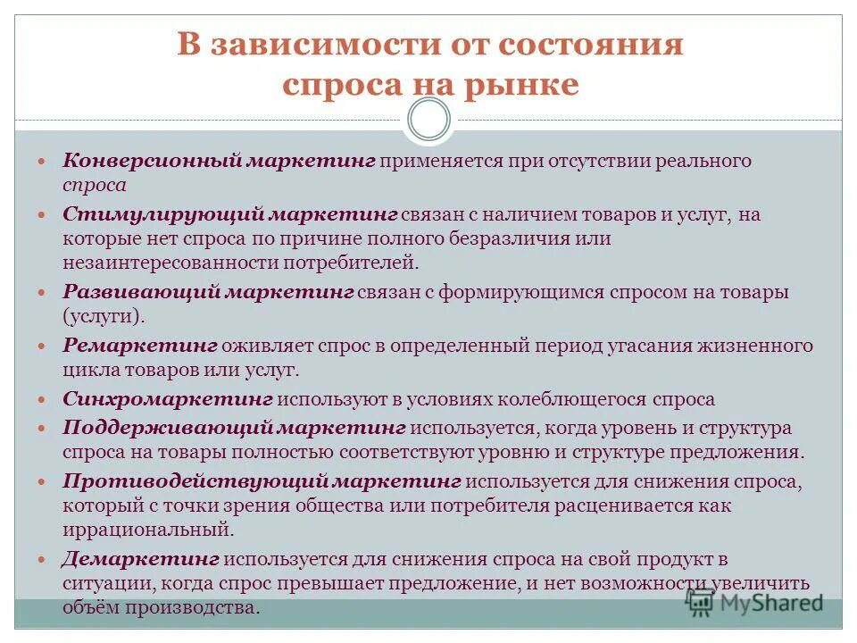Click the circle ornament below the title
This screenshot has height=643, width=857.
pyautogui.click(x=428, y=120)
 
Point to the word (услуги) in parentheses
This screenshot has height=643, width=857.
pyautogui.click(x=103, y=316)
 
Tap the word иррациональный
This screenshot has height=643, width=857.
pyautogui.click(x=147, y=530)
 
